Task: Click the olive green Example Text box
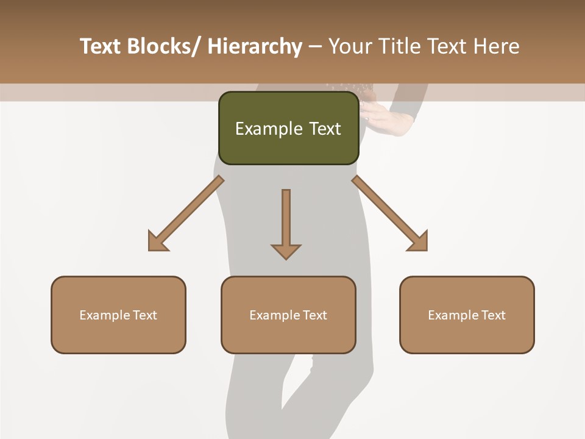(288, 128)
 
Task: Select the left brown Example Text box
(118, 315)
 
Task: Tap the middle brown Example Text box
(288, 315)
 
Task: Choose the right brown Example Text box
(467, 315)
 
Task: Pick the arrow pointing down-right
(390, 213)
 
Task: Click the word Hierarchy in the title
(255, 46)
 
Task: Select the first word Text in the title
(101, 46)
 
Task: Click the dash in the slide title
(315, 46)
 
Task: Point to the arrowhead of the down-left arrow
(158, 241)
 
